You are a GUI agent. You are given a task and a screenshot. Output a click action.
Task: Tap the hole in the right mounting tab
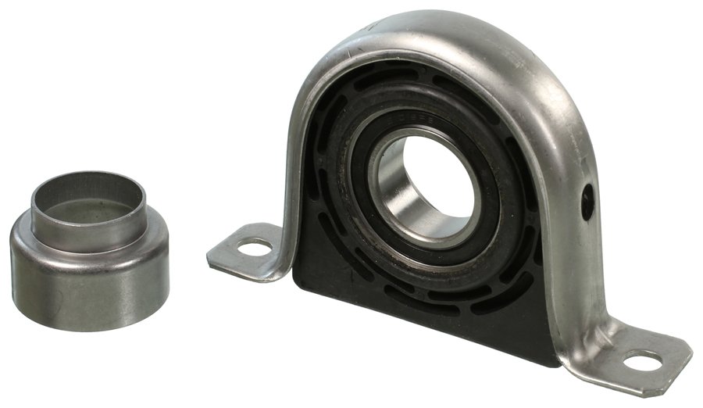pos(643,361)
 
